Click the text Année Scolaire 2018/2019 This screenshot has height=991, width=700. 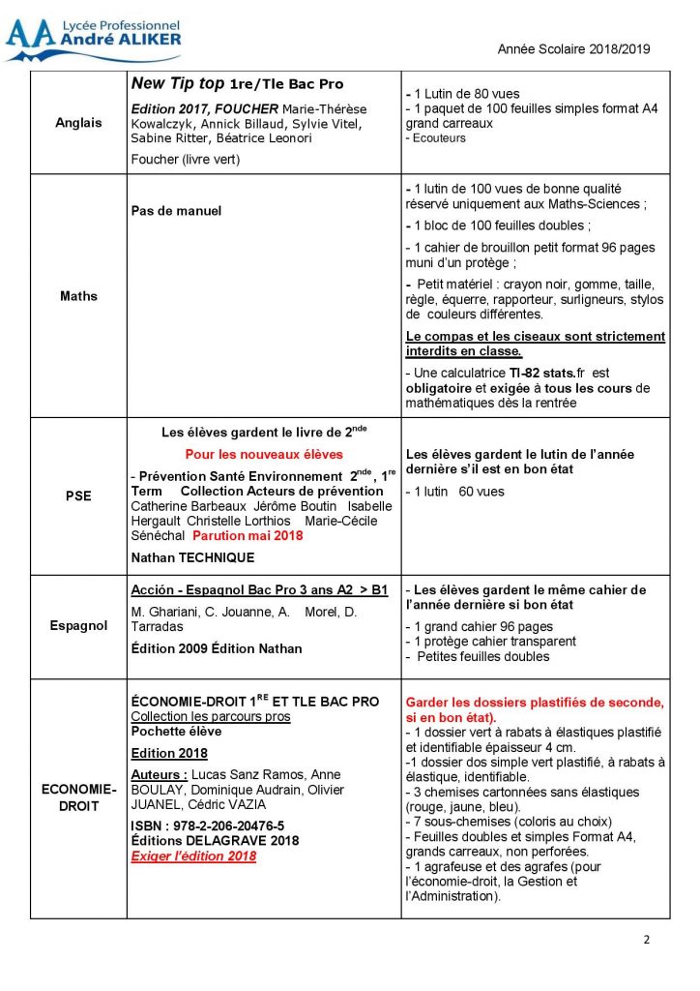[x=574, y=49]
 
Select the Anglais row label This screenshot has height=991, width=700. [x=78, y=123]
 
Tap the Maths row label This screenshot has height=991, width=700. [x=78, y=296]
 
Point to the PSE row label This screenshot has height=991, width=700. [x=78, y=495]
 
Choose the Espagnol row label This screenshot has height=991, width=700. [x=78, y=626]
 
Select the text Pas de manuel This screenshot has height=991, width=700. [x=176, y=211]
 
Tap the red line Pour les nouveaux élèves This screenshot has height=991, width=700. [x=264, y=454]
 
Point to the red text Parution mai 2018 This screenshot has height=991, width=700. [x=247, y=535]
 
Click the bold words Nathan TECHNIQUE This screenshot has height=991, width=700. [x=192, y=557]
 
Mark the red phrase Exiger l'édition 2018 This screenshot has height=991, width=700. [x=193, y=856]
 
